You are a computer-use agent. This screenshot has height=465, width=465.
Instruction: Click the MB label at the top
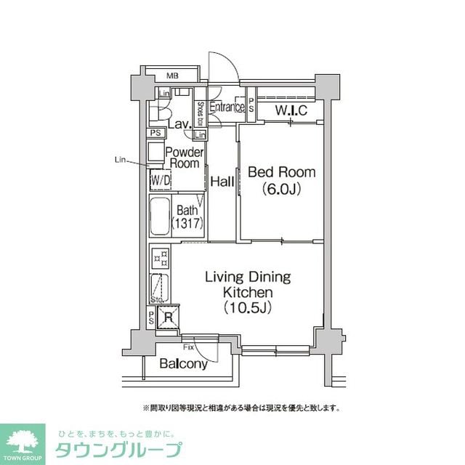tap(172, 75)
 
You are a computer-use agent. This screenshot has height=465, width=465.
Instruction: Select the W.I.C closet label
tap(291, 110)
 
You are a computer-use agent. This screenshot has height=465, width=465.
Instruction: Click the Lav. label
tap(179, 124)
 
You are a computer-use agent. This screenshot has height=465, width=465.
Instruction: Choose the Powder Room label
tap(184, 158)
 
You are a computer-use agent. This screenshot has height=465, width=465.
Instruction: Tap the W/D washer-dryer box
tap(160, 179)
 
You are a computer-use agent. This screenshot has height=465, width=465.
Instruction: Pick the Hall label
tap(222, 182)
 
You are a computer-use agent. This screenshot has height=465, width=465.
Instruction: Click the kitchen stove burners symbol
tap(159, 256)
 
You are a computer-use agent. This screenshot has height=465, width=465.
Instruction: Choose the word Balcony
tap(183, 363)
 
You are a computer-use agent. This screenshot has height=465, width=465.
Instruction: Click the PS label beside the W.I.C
tap(251, 105)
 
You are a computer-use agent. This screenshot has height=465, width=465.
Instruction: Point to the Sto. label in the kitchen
tap(156, 299)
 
